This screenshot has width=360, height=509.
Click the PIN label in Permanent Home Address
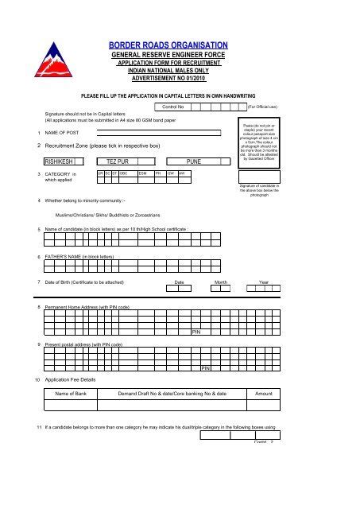click(195, 332)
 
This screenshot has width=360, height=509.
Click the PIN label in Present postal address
click(205, 369)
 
